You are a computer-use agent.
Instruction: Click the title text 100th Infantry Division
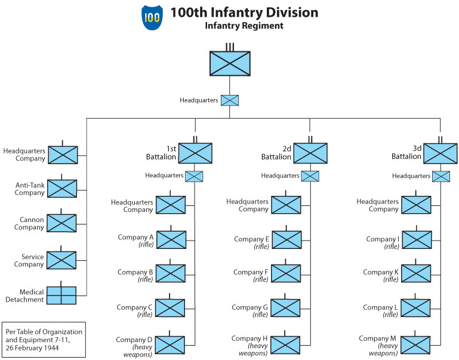click(244, 13)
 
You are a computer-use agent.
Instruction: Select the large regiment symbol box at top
click(230, 63)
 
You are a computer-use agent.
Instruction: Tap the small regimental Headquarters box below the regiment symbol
click(230, 100)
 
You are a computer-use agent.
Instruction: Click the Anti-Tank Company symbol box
click(62, 189)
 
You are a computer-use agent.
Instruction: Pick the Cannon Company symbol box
click(62, 223)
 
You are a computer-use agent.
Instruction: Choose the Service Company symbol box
click(62, 260)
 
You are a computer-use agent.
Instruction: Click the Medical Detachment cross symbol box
click(62, 296)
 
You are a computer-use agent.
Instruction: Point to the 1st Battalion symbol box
click(195, 153)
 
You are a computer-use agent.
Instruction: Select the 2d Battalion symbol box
click(310, 153)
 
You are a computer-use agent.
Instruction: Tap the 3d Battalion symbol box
click(440, 153)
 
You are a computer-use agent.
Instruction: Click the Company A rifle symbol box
click(171, 240)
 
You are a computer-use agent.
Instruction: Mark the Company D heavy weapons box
click(171, 345)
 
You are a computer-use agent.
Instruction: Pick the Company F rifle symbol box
click(286, 273)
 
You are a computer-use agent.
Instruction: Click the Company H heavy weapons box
click(286, 345)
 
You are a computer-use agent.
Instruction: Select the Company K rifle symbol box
click(416, 273)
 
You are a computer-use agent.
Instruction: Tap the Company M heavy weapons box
click(416, 345)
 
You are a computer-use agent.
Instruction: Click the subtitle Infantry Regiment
click(244, 26)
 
